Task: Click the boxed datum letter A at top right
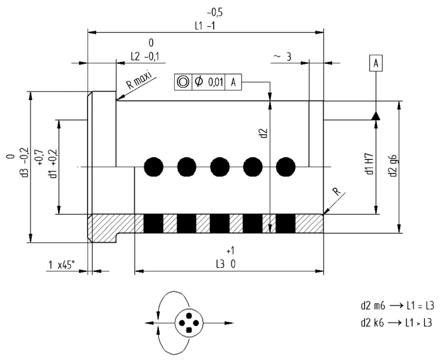(x=376, y=63)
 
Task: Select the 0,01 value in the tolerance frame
(x=216, y=83)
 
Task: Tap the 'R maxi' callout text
(x=139, y=80)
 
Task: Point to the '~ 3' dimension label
(x=282, y=57)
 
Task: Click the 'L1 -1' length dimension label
(x=205, y=26)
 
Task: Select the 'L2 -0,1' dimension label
(x=145, y=57)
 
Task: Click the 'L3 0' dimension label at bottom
(x=226, y=264)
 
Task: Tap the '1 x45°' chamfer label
(x=61, y=265)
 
